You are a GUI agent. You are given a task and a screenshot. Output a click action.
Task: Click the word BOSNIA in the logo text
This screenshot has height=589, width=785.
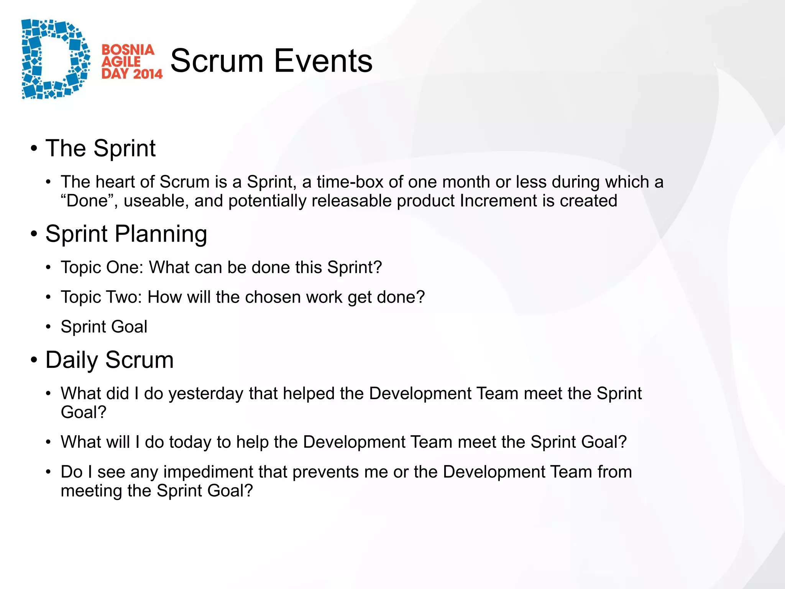[x=128, y=49]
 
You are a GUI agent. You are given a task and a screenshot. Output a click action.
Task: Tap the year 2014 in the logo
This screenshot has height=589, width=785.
[x=148, y=74]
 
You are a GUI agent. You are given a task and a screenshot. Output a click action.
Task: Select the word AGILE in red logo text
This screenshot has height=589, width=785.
[x=121, y=62]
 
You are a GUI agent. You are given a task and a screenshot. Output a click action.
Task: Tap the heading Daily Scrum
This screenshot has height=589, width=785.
[x=109, y=360]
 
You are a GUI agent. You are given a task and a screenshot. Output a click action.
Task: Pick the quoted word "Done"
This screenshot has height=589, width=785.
[x=90, y=201]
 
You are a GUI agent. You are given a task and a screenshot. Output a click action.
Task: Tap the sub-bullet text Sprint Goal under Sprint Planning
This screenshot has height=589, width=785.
[x=104, y=327]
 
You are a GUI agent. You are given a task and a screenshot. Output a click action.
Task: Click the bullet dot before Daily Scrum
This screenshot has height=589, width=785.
[x=34, y=360]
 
